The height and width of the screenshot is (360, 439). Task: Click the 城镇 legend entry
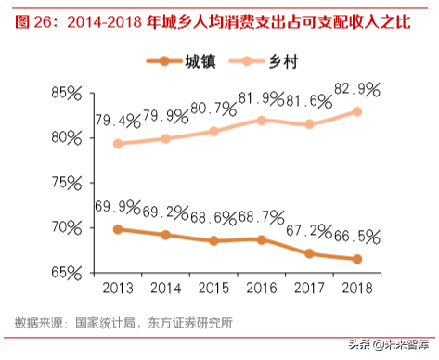(x=180, y=62)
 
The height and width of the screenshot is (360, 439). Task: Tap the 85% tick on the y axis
(x=66, y=94)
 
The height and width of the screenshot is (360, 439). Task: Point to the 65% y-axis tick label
(x=66, y=273)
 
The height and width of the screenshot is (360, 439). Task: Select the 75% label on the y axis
(x=66, y=183)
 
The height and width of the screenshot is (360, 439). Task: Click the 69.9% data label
(x=117, y=206)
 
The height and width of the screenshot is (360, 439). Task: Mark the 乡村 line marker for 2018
(x=357, y=111)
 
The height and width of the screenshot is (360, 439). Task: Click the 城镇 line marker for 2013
(x=117, y=229)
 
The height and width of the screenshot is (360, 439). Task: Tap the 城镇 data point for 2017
(x=309, y=253)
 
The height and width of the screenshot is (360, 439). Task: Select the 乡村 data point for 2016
(x=262, y=121)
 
